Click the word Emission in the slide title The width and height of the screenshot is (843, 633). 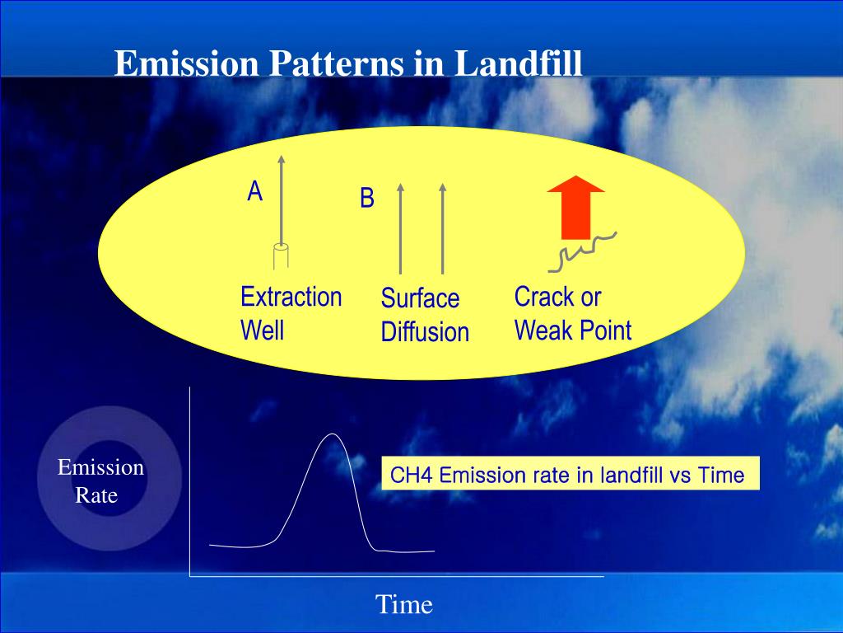click(x=187, y=63)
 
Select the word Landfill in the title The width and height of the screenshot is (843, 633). click(x=519, y=63)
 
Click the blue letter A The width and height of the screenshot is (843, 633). click(x=255, y=191)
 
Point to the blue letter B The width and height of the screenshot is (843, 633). click(x=366, y=198)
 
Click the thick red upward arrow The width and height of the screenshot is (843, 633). click(x=575, y=207)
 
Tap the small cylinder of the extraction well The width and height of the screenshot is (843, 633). click(x=281, y=256)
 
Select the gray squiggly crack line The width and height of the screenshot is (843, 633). click(x=583, y=252)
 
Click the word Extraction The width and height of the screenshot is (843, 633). click(x=291, y=297)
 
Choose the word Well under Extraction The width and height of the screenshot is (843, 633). click(x=262, y=330)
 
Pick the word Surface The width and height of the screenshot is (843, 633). click(x=420, y=298)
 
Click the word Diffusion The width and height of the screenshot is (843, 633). click(x=425, y=331)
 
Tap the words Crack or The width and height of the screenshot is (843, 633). click(x=557, y=297)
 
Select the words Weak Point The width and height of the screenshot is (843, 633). click(x=573, y=330)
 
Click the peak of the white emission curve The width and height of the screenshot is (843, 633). click(x=333, y=434)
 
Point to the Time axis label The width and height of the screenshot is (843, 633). click(x=403, y=604)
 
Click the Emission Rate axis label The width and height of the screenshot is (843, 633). click(x=100, y=481)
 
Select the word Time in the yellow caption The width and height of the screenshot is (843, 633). click(x=721, y=476)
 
